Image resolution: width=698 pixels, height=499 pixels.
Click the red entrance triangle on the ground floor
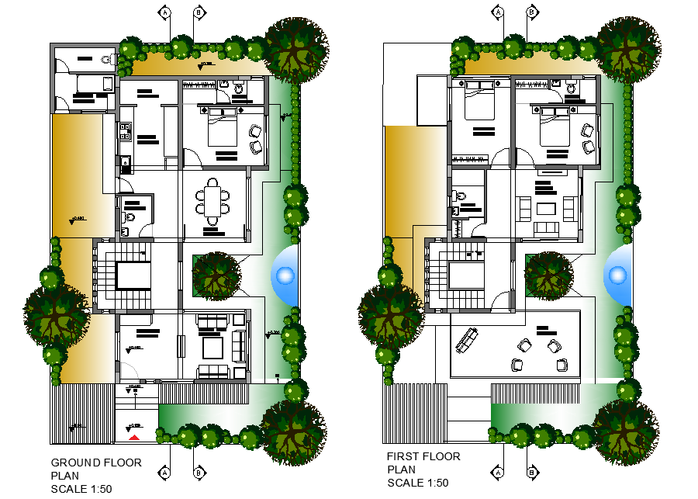click(x=134, y=438)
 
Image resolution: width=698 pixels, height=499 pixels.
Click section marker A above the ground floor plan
click(x=164, y=12)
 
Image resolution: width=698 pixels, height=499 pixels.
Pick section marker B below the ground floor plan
click(x=199, y=472)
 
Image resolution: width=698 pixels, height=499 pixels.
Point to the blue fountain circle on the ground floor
click(x=285, y=275)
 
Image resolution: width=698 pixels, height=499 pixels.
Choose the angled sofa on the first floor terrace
click(x=466, y=340)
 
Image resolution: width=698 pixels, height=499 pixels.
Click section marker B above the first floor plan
click(x=531, y=12)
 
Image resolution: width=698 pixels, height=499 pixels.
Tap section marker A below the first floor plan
click(x=498, y=472)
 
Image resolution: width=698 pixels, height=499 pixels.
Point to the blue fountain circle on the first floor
click(x=617, y=275)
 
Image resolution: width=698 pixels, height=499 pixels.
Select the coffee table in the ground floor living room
click(x=212, y=344)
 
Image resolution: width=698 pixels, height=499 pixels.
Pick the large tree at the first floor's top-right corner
click(x=629, y=48)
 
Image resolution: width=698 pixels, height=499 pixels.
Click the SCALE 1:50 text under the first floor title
click(x=417, y=483)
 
